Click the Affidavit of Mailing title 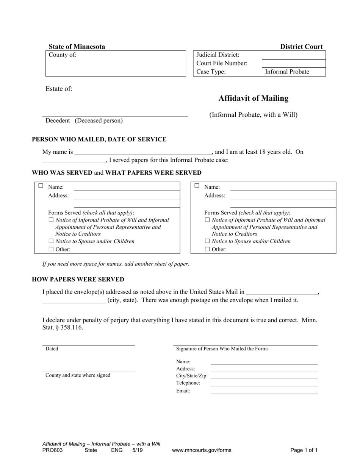[253, 99]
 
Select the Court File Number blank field [293, 64]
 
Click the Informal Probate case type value [287, 72]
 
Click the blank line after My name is [143, 152]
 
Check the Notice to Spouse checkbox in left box [51, 241]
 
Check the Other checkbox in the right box [207, 249]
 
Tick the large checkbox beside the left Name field [41, 186]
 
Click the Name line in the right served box [283, 187]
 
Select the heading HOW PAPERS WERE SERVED [78, 280]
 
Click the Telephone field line [264, 383]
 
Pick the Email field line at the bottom [264, 391]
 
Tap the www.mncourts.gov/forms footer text [202, 450]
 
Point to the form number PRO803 [53, 450]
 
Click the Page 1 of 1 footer [304, 450]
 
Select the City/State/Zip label [192, 376]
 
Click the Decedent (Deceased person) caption [84, 121]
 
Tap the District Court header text [301, 47]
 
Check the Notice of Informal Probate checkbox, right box [207, 220]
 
